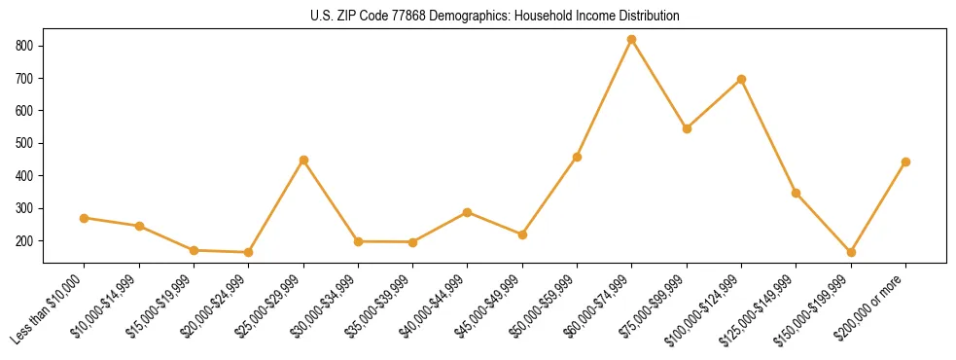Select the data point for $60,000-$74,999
coord(632,40)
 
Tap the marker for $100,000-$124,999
coord(741,79)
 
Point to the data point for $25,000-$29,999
coord(303,160)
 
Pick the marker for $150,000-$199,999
coord(851,252)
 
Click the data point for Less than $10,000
coord(85,218)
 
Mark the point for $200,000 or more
coord(905,162)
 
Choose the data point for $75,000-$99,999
coord(687,128)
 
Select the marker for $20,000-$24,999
coord(249,252)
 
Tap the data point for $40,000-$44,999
coord(468,212)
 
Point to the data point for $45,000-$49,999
coord(522,234)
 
